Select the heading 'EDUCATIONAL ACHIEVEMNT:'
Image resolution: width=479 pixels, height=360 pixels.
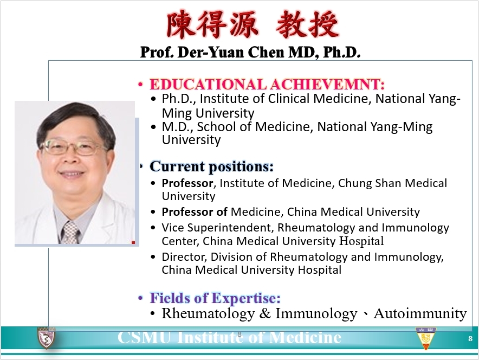[x=267, y=85]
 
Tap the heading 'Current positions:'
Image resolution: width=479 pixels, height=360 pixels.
[x=211, y=166]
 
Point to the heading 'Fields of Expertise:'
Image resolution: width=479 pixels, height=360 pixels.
[x=215, y=298]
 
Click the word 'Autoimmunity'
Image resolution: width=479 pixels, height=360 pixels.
[x=420, y=313]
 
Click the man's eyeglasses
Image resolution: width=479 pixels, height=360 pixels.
[x=73, y=146]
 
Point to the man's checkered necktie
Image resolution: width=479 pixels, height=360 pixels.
[x=70, y=232]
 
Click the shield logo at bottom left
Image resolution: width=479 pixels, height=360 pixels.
[x=45, y=338]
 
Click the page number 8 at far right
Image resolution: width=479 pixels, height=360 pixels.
[x=470, y=338]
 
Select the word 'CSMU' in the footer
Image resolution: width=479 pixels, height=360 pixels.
[x=143, y=338]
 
